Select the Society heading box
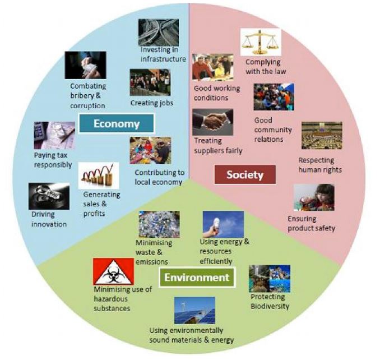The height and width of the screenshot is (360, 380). point(245,174)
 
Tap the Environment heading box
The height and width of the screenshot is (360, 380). point(196,277)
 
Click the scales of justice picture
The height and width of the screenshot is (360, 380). point(260,43)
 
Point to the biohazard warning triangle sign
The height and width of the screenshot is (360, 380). point(113,272)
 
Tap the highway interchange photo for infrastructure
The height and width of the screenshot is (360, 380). point(159,32)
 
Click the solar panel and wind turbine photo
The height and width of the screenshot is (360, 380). point(194,310)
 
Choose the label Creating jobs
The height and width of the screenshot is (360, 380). point(152,103)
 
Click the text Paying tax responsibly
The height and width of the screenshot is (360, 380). point(52,160)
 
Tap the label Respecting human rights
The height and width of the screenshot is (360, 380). point(320,165)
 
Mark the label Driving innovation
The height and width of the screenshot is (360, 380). point(48,220)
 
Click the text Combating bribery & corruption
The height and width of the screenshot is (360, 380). point(88,96)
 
